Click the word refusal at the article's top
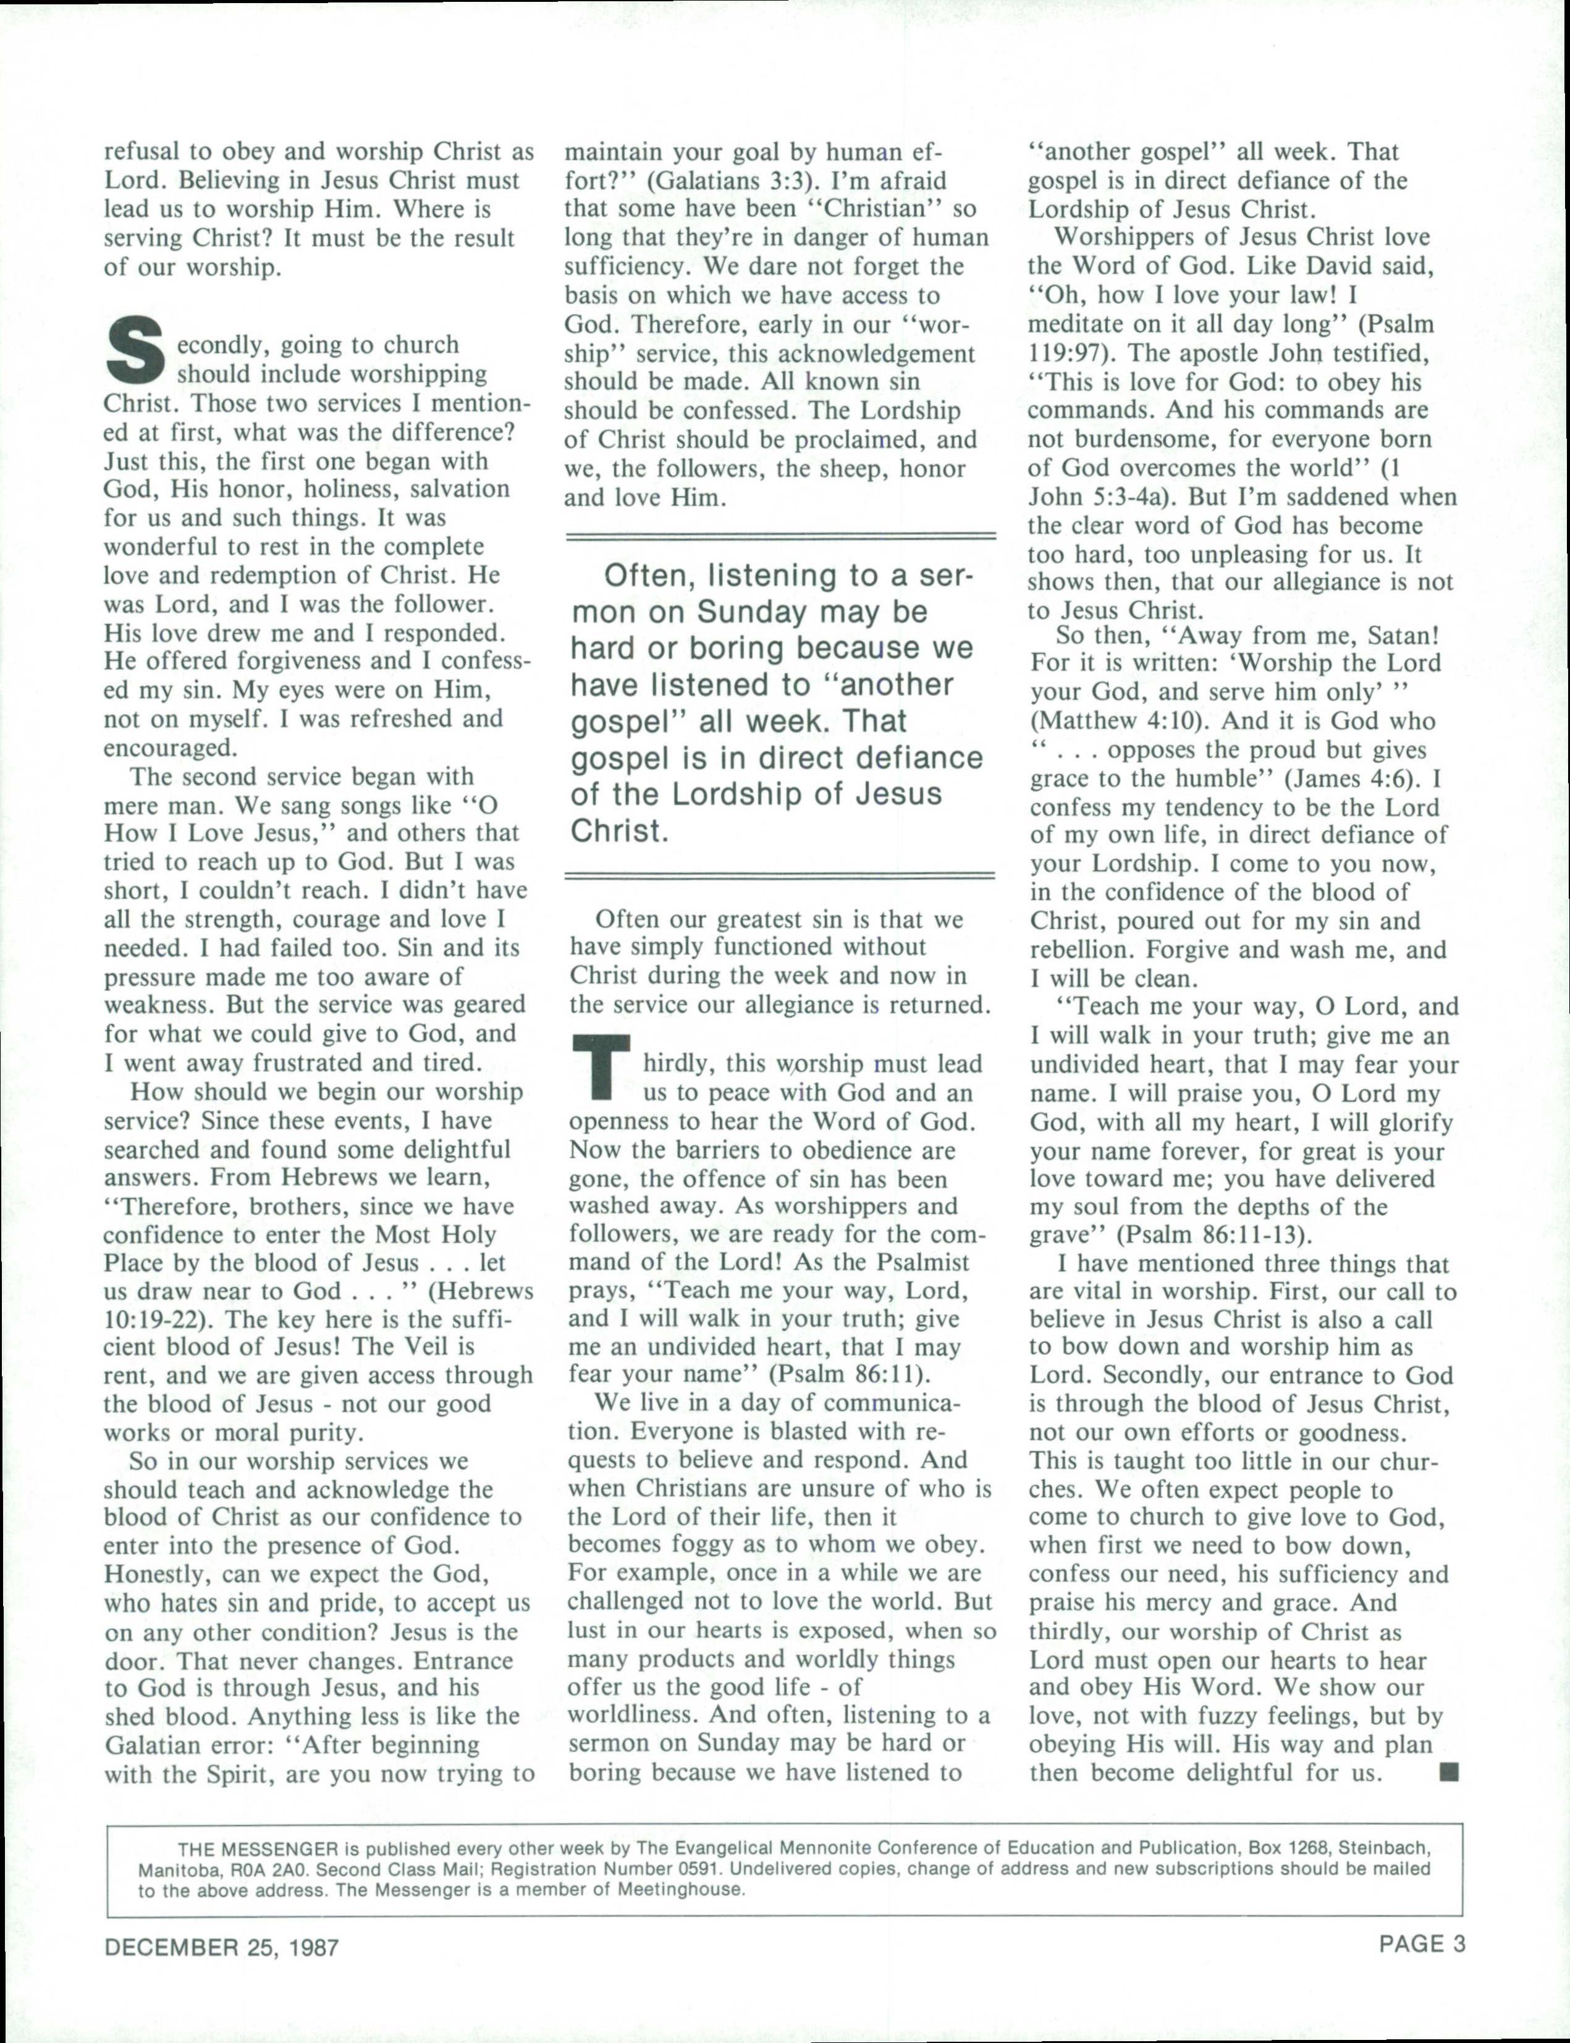pos(143,151)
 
